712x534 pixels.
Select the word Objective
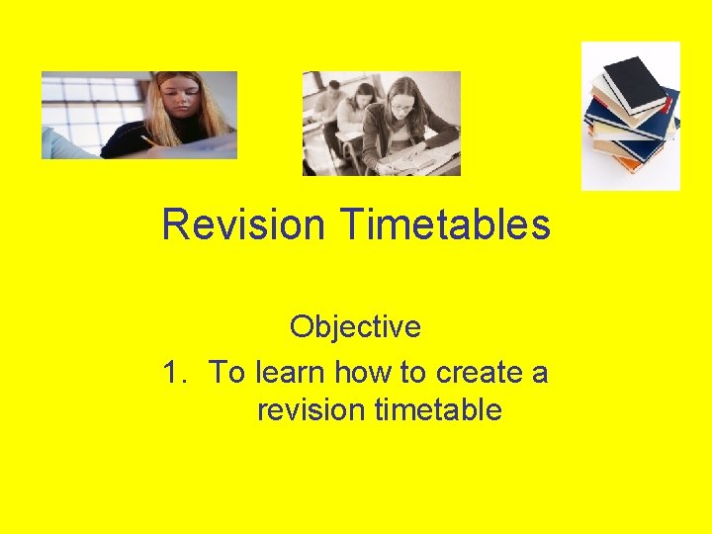[355, 326]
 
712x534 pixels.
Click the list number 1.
[174, 373]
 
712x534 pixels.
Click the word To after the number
[228, 373]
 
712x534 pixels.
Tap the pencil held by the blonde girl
[148, 141]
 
